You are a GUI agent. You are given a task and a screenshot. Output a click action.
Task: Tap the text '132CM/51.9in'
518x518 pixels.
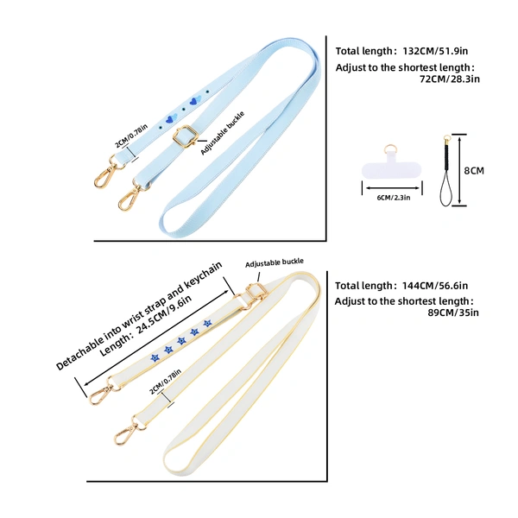click(435, 51)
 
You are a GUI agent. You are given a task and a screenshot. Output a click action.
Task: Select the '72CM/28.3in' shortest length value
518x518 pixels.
click(450, 79)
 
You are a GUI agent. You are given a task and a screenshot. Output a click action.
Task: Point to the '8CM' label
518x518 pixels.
click(474, 170)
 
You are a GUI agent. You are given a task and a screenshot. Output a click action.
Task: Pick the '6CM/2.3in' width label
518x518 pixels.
click(394, 198)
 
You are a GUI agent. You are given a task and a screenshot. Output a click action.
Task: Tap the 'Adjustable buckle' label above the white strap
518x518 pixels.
click(275, 263)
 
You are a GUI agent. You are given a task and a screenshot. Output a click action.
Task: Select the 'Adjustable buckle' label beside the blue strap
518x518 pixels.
click(223, 133)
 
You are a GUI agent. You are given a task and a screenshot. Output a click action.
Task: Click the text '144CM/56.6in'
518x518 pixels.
click(435, 286)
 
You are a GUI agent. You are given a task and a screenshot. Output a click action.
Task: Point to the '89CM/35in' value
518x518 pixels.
click(453, 313)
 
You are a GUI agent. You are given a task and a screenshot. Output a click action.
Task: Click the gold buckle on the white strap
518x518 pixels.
click(252, 294)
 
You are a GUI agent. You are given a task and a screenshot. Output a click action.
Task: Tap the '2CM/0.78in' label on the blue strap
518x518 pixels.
click(131, 136)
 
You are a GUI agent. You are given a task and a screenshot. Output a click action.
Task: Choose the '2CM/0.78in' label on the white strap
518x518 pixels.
click(166, 382)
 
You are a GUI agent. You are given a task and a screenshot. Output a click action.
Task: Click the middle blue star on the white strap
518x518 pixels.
click(181, 341)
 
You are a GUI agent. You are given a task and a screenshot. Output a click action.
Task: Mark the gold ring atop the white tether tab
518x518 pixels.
click(390, 149)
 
